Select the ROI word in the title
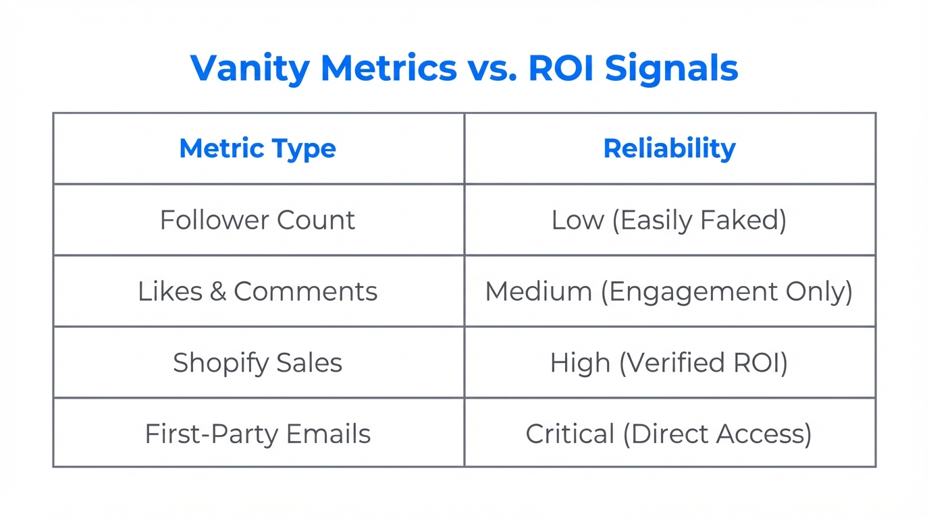pos(562,68)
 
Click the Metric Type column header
pos(258,149)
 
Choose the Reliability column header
pos(669,149)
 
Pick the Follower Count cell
pos(258,221)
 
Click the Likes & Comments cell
pos(258,291)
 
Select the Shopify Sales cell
pos(258,363)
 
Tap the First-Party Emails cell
pos(258,434)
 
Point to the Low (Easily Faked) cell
pos(669,221)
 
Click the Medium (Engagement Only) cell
pos(669,291)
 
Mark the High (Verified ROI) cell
pos(669,363)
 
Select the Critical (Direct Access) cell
pos(669,434)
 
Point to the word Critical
pos(570,434)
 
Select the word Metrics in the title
pos(389,68)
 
